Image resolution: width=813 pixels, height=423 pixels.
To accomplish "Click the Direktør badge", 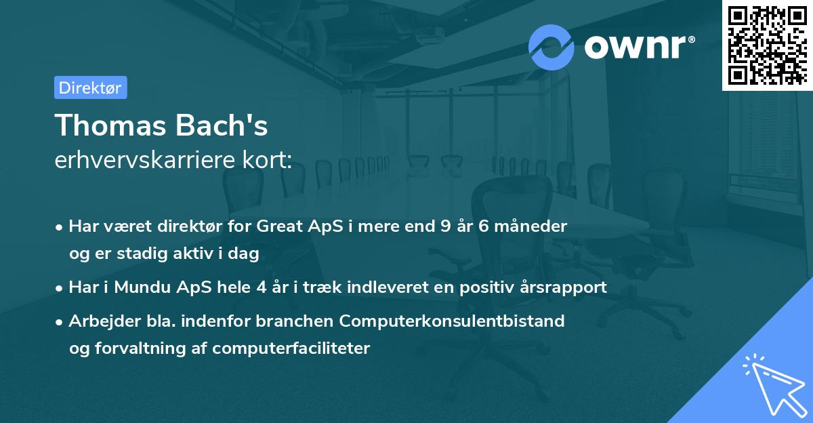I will (x=90, y=87).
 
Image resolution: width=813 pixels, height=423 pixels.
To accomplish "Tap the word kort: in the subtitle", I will (x=269, y=160).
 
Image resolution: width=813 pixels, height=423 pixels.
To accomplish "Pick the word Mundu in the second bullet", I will (x=143, y=287).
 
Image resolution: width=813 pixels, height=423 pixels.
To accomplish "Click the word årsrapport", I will (x=565, y=287).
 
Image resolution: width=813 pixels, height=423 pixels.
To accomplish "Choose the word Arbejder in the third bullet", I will (x=98, y=321).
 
